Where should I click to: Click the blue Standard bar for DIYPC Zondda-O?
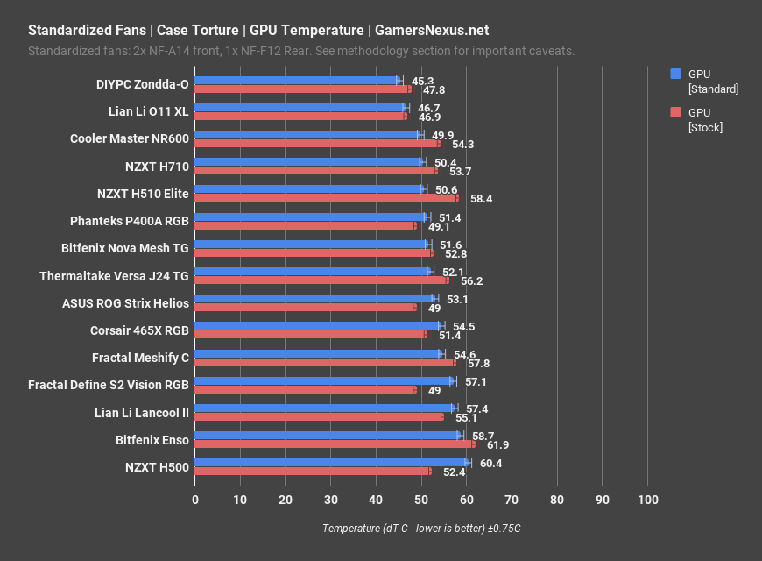[296, 81]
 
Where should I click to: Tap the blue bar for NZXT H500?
[331, 463]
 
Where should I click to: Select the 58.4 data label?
[481, 199]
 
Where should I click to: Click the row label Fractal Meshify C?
[140, 358]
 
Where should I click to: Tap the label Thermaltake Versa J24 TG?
[114, 276]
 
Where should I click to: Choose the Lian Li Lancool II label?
[141, 412]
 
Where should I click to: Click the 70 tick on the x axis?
[512, 500]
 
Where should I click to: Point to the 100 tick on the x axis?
[647, 500]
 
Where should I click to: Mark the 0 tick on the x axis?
[195, 500]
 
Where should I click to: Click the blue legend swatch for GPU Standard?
[675, 75]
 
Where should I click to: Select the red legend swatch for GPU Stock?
[675, 112]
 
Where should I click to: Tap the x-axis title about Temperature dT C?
[421, 529]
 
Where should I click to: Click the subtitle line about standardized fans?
[301, 51]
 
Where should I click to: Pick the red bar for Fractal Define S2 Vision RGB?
[305, 389]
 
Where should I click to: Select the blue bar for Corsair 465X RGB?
[318, 326]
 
